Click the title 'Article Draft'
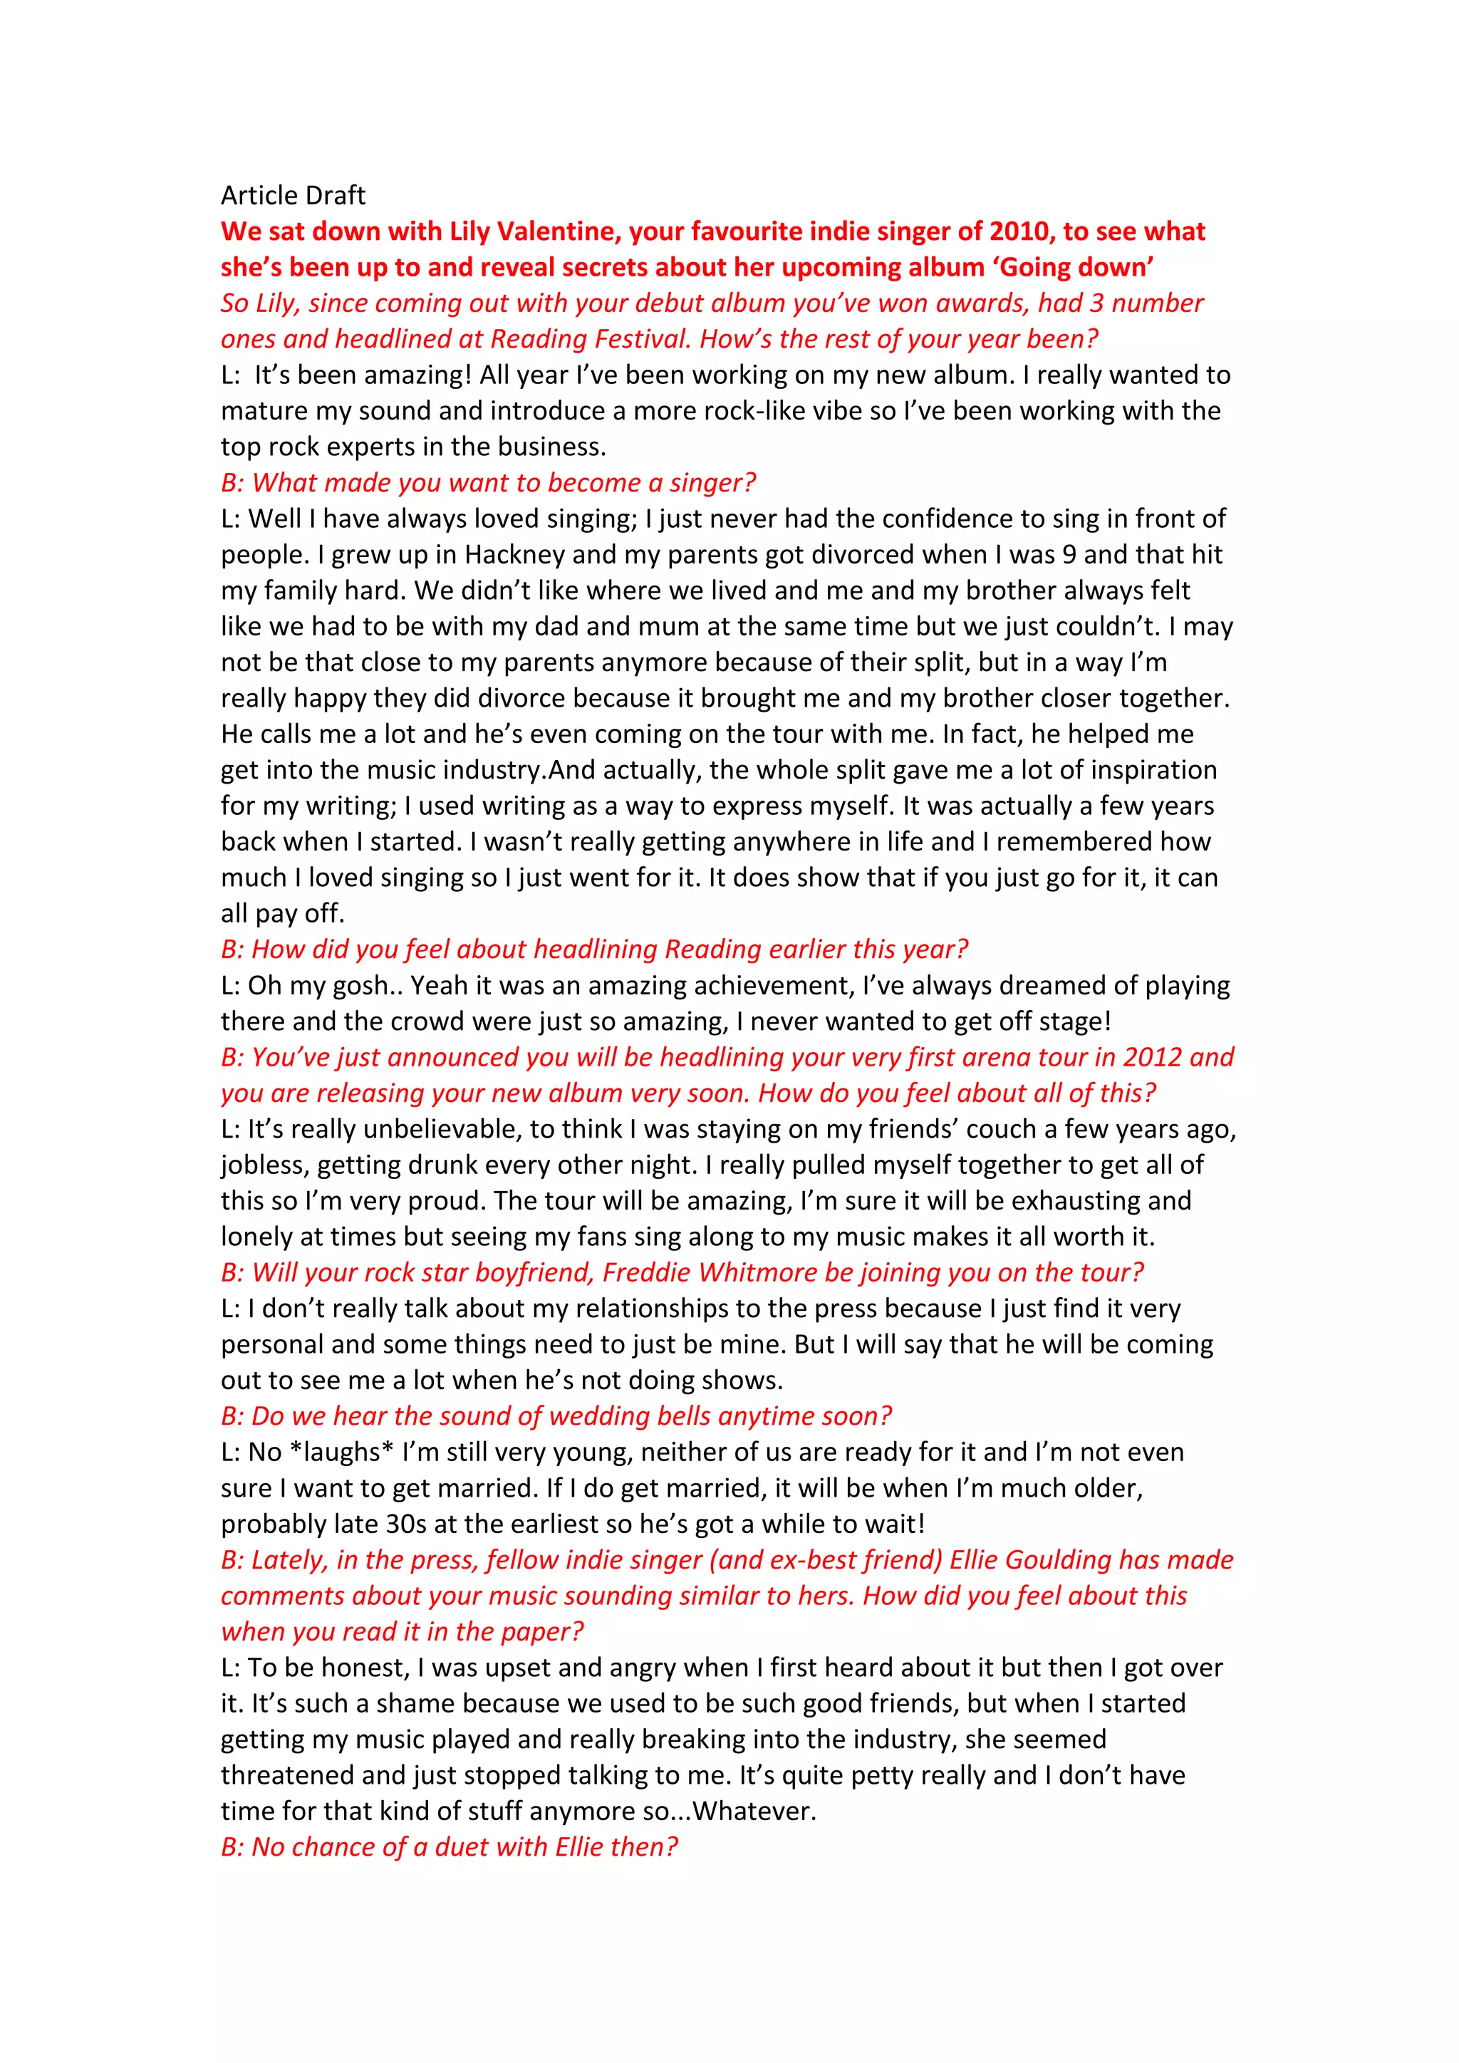293,195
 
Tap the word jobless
265,1165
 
